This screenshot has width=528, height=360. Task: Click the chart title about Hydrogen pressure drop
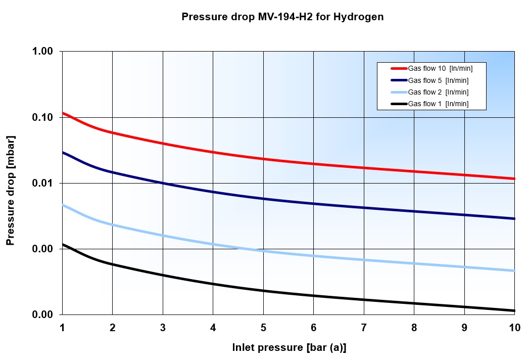coord(282,17)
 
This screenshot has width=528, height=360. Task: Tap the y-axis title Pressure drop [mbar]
coord(11,190)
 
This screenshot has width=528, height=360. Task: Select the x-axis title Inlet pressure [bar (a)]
coord(289,347)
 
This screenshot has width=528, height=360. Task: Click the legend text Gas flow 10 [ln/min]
coord(440,68)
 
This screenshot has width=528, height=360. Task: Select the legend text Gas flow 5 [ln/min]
coord(438,80)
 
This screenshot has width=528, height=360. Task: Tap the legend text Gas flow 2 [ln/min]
coord(438,92)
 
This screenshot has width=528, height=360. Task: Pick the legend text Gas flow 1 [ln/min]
coord(438,104)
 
